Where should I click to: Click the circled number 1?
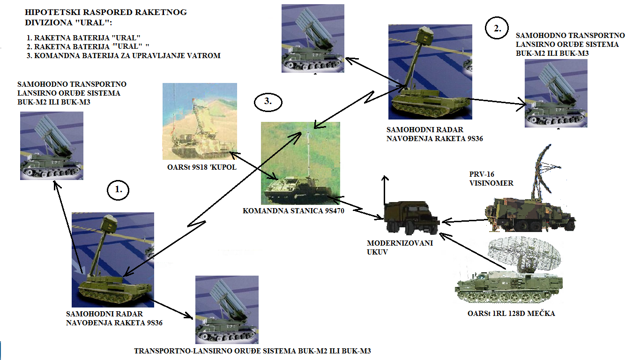click(118, 190)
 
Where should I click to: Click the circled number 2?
click(497, 29)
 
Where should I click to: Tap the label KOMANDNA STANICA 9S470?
click(293, 211)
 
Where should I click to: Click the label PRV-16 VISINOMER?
click(491, 179)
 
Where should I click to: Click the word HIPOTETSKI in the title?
click(45, 13)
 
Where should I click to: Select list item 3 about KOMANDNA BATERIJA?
click(124, 55)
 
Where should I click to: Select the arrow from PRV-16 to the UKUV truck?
click(464, 220)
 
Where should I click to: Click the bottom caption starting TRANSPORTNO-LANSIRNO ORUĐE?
click(255, 351)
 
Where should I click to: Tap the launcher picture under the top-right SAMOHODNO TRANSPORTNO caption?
click(555, 94)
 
